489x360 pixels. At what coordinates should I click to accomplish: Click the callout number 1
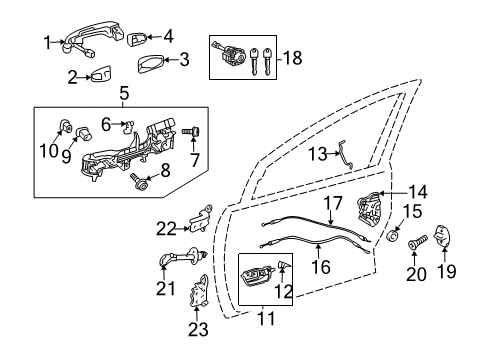[47, 41]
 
